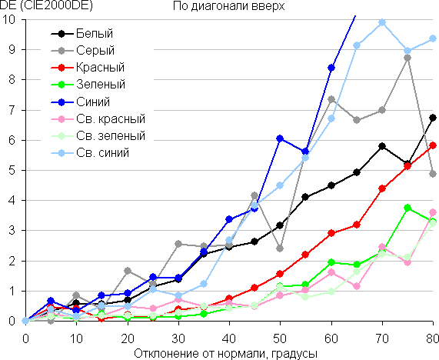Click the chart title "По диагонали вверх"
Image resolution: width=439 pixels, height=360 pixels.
click(228, 6)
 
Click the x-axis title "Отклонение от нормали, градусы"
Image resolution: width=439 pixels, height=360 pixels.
click(226, 354)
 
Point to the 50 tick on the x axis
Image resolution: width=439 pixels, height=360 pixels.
click(280, 338)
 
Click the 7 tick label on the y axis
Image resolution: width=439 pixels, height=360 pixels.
click(12, 110)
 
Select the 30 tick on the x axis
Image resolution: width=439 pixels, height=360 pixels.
click(178, 338)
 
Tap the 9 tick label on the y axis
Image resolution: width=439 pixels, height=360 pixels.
click(12, 49)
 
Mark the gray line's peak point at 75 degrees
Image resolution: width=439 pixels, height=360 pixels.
click(407, 58)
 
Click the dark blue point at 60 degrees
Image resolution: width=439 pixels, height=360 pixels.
click(331, 68)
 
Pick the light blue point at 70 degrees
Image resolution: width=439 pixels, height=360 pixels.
click(382, 22)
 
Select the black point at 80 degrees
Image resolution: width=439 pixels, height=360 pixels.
click(433, 118)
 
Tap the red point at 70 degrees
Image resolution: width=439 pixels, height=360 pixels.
click(382, 188)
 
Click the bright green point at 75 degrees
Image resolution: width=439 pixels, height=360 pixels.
click(407, 208)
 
